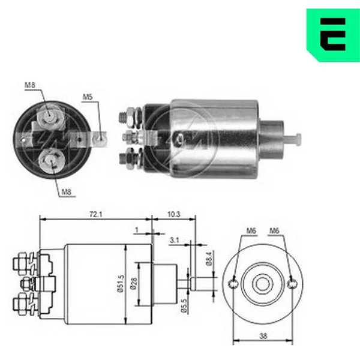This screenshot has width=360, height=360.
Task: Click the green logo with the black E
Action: click(334, 35)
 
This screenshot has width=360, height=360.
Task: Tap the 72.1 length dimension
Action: click(96, 214)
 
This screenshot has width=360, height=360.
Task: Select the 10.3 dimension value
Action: click(174, 214)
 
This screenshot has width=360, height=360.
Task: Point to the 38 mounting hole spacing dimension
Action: click(263, 336)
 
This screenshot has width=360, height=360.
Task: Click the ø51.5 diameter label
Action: click(121, 283)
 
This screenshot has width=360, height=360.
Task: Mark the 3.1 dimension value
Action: click(174, 240)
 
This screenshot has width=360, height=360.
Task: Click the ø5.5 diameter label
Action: click(184, 305)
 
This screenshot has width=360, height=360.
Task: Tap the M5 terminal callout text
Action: click(88, 97)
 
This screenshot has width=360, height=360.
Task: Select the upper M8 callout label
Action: click(30, 85)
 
